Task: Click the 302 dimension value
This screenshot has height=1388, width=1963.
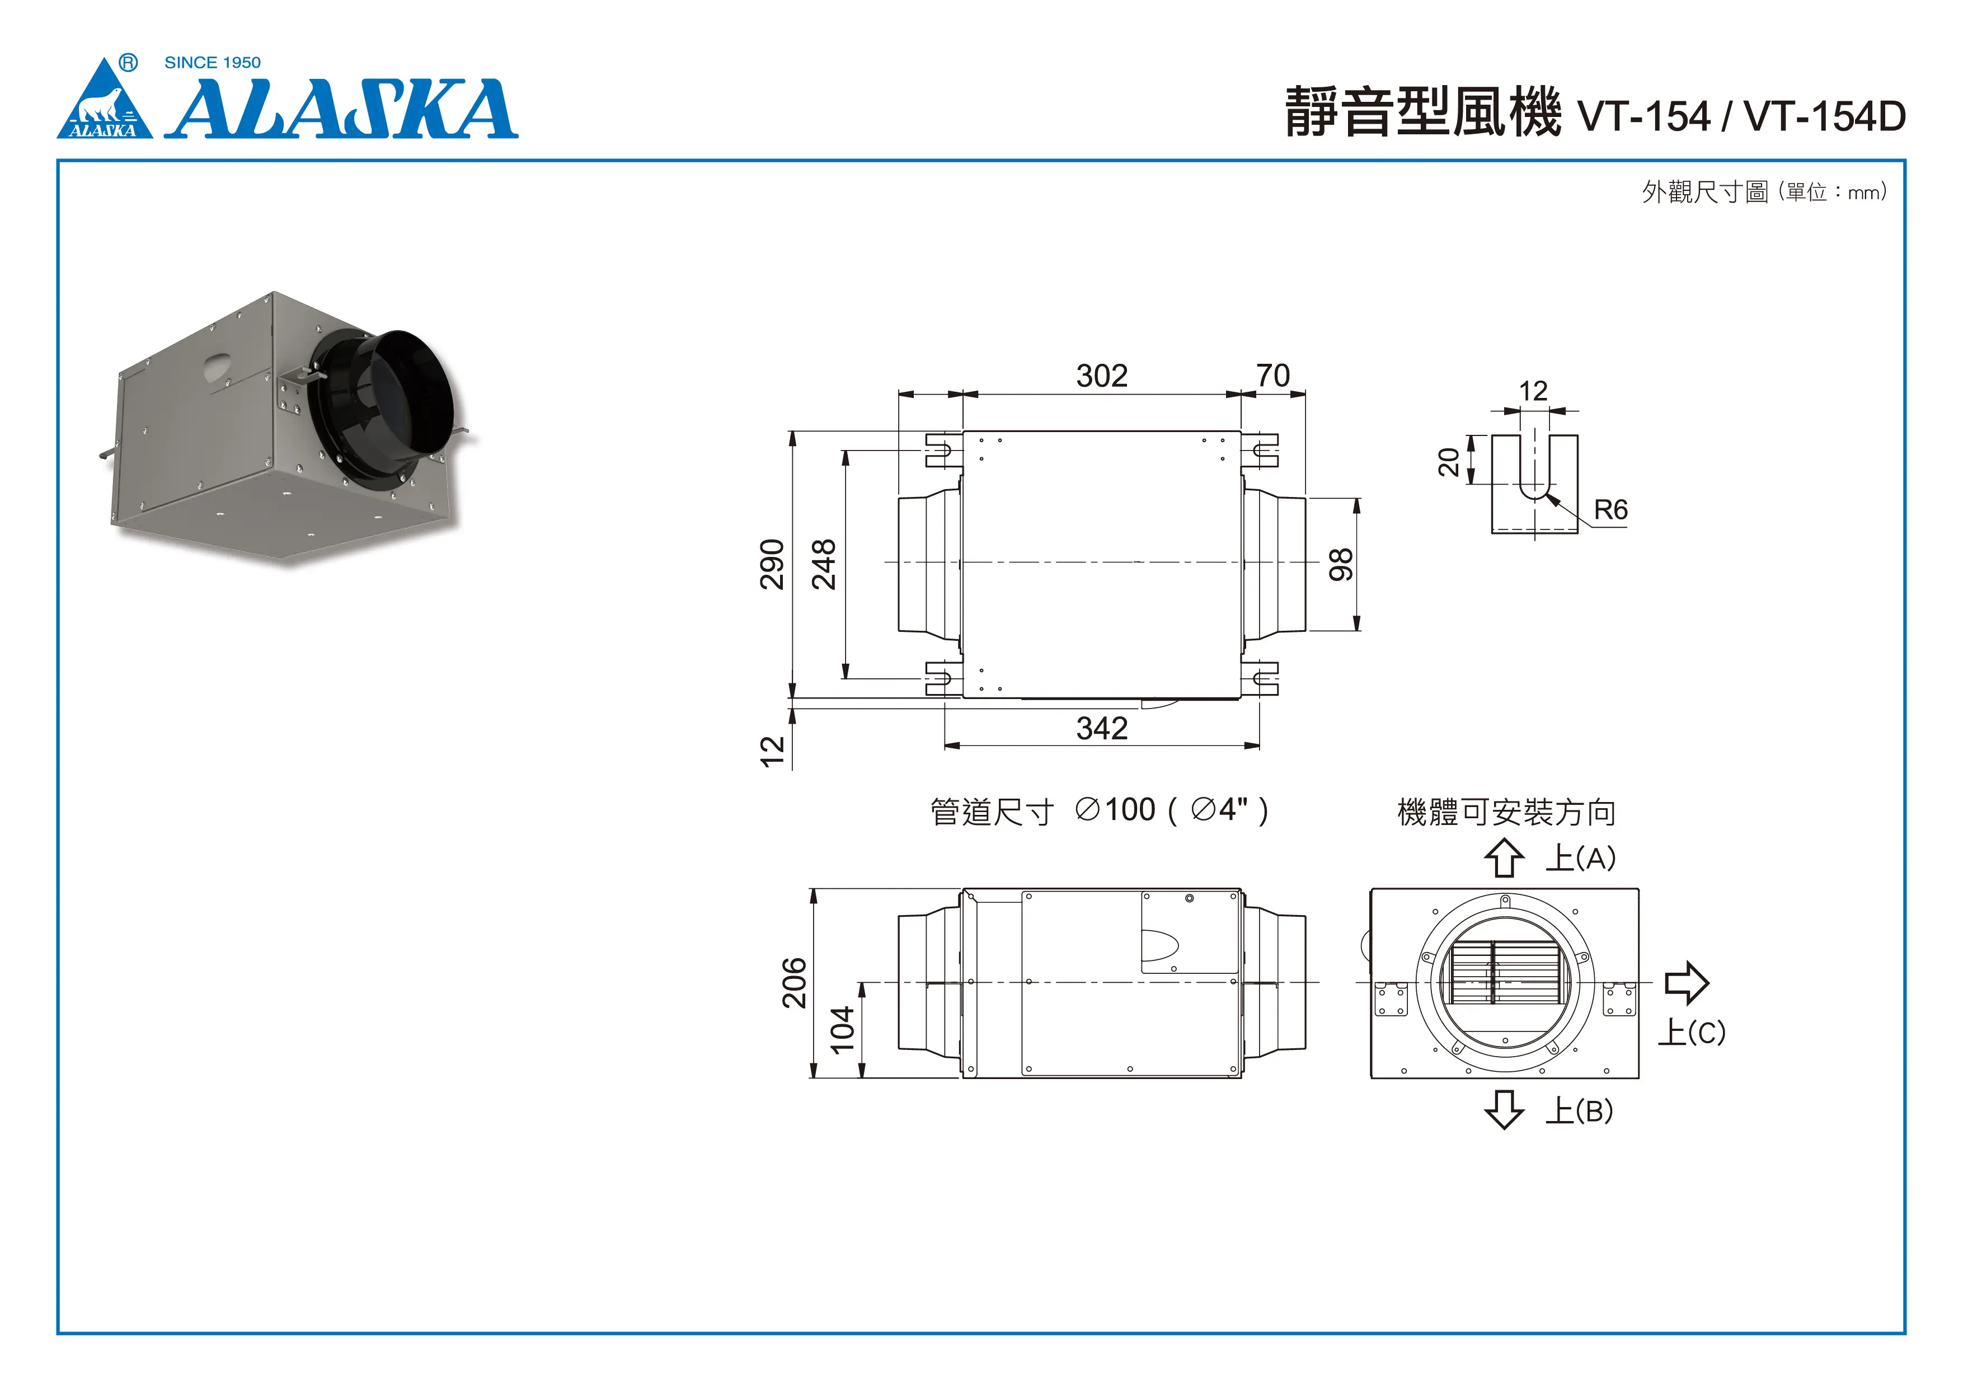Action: [1101, 376]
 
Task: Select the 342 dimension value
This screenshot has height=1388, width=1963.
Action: [1101, 729]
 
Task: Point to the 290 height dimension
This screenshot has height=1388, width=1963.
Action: [772, 565]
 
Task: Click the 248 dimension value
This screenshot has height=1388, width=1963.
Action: [823, 565]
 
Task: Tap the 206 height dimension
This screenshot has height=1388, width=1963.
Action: [794, 983]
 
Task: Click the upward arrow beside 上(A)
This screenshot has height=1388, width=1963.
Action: [1504, 858]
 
